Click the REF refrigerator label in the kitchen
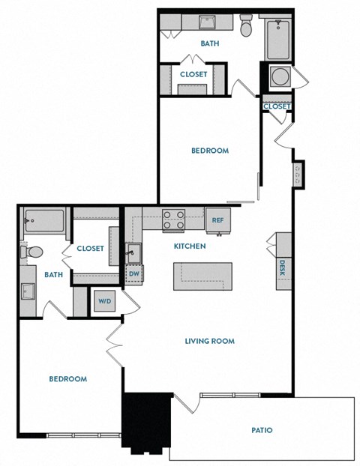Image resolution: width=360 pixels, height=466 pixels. [218, 220]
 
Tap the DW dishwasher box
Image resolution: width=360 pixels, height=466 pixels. [134, 274]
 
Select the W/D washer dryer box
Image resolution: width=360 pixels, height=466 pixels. [103, 300]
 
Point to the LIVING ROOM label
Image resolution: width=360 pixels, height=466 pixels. [210, 341]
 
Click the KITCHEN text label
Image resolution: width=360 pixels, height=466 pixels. [190, 246]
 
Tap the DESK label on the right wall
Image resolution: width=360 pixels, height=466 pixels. [283, 267]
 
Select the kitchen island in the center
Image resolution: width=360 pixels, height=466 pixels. [201, 275]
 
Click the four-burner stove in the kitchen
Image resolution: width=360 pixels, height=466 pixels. [175, 220]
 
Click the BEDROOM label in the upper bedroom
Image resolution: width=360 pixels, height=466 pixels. [209, 151]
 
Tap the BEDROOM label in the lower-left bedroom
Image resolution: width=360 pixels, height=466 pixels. [67, 379]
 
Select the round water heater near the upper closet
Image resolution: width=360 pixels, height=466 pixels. [279, 76]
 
